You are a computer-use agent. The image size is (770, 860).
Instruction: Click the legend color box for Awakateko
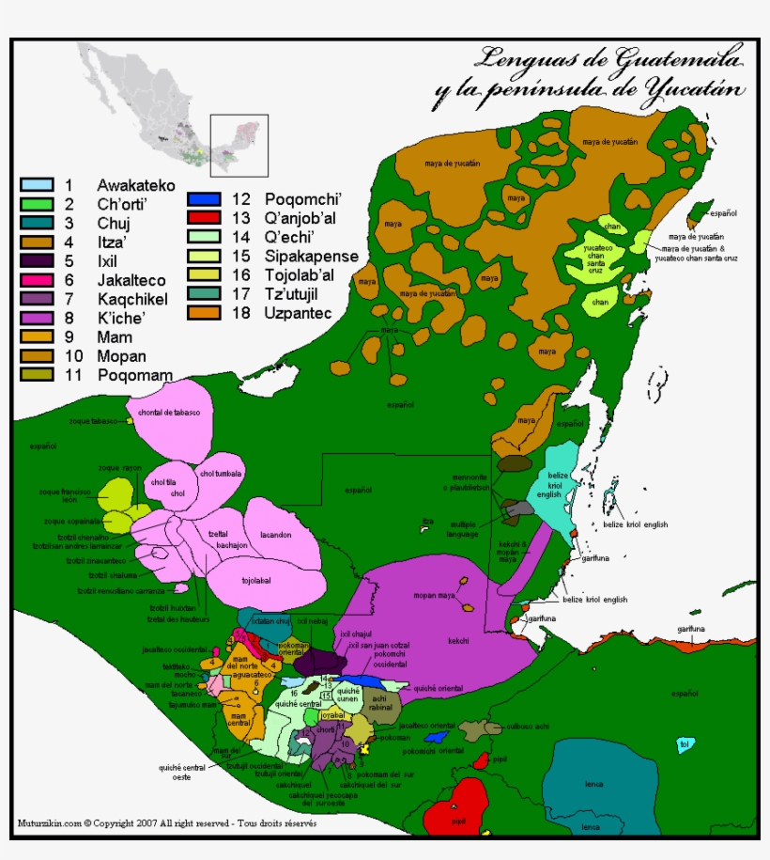pyautogui.click(x=35, y=185)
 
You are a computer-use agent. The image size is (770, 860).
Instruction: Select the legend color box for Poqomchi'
pyautogui.click(x=204, y=198)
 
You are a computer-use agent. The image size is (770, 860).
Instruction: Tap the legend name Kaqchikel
pyautogui.click(x=128, y=299)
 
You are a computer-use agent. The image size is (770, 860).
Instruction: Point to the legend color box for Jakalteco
pyautogui.click(x=35, y=280)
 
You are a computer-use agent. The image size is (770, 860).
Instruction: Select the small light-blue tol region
pyautogui.click(x=685, y=745)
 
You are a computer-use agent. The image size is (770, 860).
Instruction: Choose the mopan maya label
pyautogui.click(x=435, y=595)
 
